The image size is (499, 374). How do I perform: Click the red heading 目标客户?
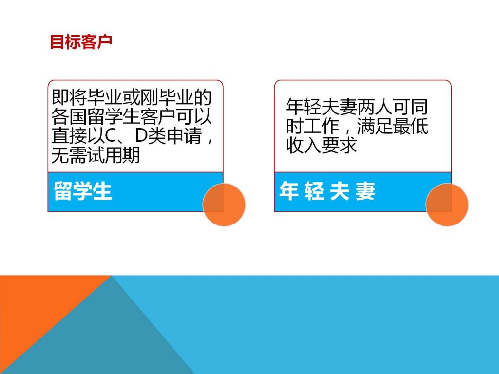click(81, 42)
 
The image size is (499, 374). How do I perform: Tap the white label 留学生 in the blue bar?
click(83, 191)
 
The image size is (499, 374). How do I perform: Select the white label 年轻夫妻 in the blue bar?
click(327, 191)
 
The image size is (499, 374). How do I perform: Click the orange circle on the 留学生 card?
click(224, 205)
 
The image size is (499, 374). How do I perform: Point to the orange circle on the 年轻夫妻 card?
click(447, 205)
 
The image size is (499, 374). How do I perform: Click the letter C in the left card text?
click(110, 136)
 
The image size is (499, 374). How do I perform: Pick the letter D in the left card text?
click(141, 136)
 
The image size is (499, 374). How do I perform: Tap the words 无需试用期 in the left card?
click(96, 155)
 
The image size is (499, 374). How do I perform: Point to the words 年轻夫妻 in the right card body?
click(322, 107)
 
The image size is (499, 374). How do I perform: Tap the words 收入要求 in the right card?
click(322, 145)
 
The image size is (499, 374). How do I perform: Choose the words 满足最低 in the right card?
click(393, 126)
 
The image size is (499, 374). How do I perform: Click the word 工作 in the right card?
click(322, 126)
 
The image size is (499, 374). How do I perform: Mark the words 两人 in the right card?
click(375, 107)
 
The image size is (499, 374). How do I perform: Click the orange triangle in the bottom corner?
click(35, 305)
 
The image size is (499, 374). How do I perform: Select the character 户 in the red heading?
click(105, 42)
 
